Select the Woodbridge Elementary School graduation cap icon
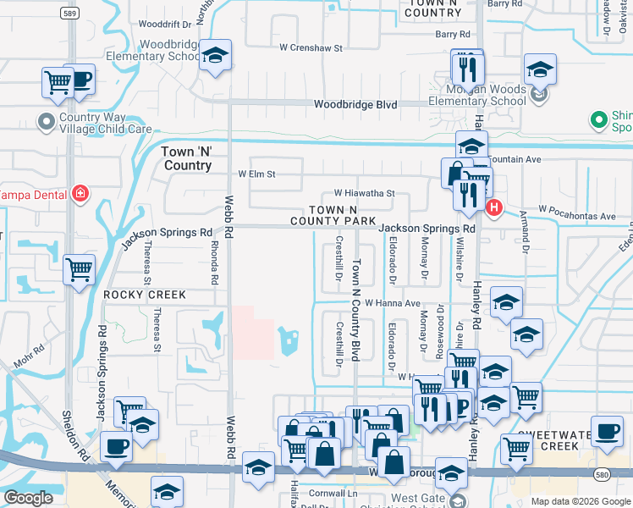pos(215,56)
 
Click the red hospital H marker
pos(493,207)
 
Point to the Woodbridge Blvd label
pos(355,104)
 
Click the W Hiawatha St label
pos(364,193)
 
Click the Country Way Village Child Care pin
pos(47,120)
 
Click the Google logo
pos(28,498)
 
